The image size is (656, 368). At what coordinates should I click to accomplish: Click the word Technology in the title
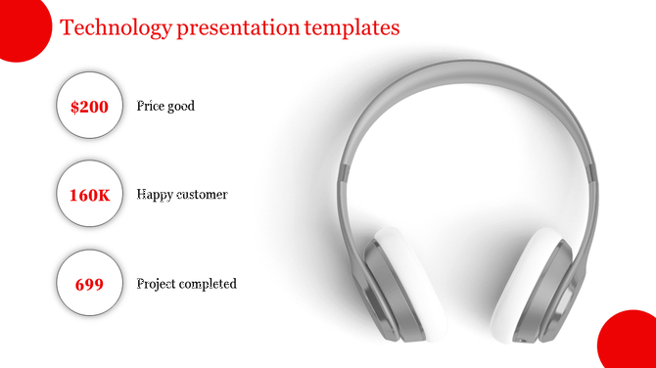[116, 28]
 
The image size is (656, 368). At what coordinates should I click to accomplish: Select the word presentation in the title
[235, 28]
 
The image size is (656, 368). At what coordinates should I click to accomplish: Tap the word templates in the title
[351, 28]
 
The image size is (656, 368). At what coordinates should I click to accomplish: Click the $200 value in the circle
[89, 107]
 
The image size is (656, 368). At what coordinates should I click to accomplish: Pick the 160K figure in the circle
[89, 195]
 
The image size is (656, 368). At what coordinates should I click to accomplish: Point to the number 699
[89, 284]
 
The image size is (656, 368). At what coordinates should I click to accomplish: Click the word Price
[151, 106]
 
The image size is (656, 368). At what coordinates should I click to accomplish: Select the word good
[181, 106]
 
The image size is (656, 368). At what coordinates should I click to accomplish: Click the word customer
[203, 195]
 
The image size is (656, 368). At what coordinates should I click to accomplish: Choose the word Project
[158, 284]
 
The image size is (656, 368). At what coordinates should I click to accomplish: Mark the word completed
[210, 284]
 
